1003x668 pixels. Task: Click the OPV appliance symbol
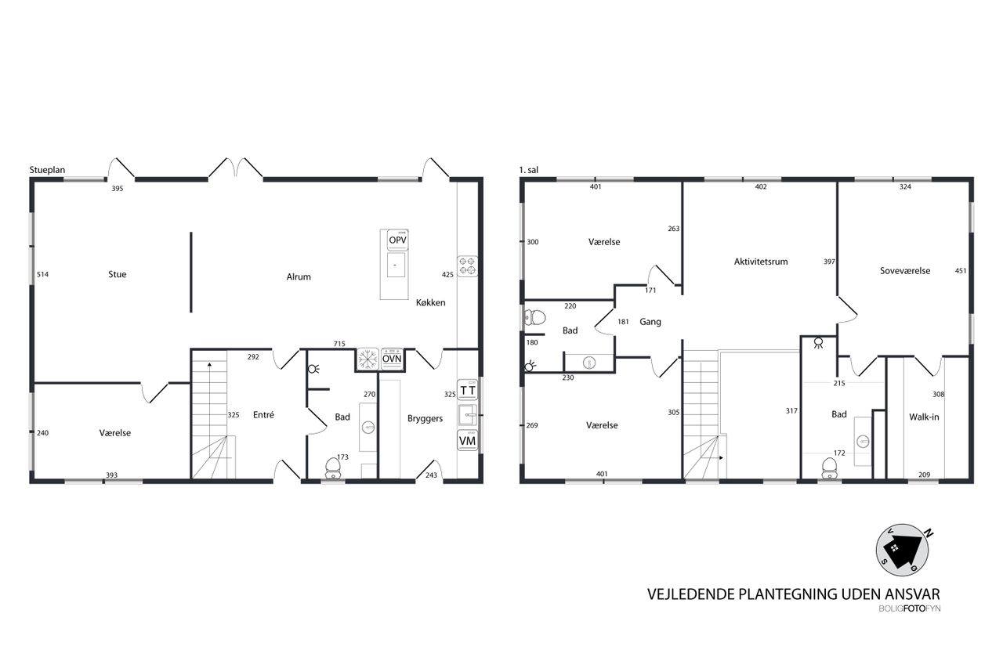tap(397, 240)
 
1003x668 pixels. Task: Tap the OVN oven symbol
tap(392, 359)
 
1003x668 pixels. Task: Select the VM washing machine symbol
tap(468, 441)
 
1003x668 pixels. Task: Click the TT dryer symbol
tap(468, 390)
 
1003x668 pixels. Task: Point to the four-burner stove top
tap(468, 266)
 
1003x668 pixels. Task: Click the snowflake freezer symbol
tap(368, 359)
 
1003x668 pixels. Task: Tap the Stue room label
tap(118, 274)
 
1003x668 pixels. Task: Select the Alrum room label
tap(299, 277)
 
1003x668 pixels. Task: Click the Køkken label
tap(431, 302)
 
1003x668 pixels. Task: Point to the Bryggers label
tap(425, 419)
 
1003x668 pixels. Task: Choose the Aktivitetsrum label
tap(761, 262)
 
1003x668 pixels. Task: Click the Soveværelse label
tap(905, 271)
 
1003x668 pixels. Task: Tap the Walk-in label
tap(924, 417)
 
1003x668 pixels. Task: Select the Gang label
tap(650, 322)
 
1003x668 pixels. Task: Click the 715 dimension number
tap(339, 344)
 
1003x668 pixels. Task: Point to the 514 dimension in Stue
tap(42, 274)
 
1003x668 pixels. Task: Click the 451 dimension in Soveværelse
tap(961, 271)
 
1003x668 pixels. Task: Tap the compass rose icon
tap(902, 551)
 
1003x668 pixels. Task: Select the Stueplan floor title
tap(47, 170)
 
